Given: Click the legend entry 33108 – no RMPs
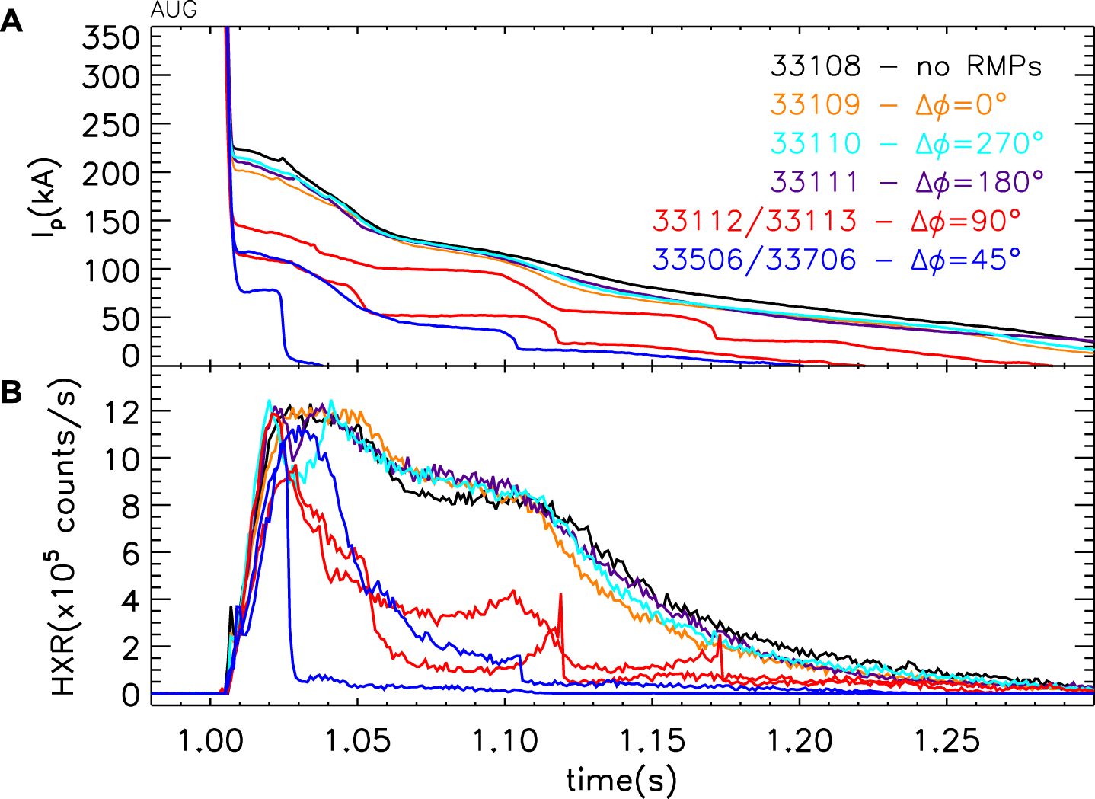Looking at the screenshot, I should coord(905,66).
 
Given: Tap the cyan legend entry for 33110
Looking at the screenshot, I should coord(906,143).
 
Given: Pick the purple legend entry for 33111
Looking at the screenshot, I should coord(906,182).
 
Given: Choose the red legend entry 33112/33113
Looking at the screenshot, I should coord(836,221).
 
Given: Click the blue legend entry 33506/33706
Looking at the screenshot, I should coord(836,260).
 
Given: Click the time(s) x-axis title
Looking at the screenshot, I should coord(621,779).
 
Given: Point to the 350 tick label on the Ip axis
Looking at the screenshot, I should coord(111,37).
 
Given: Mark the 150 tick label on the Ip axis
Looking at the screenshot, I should coord(111,222).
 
